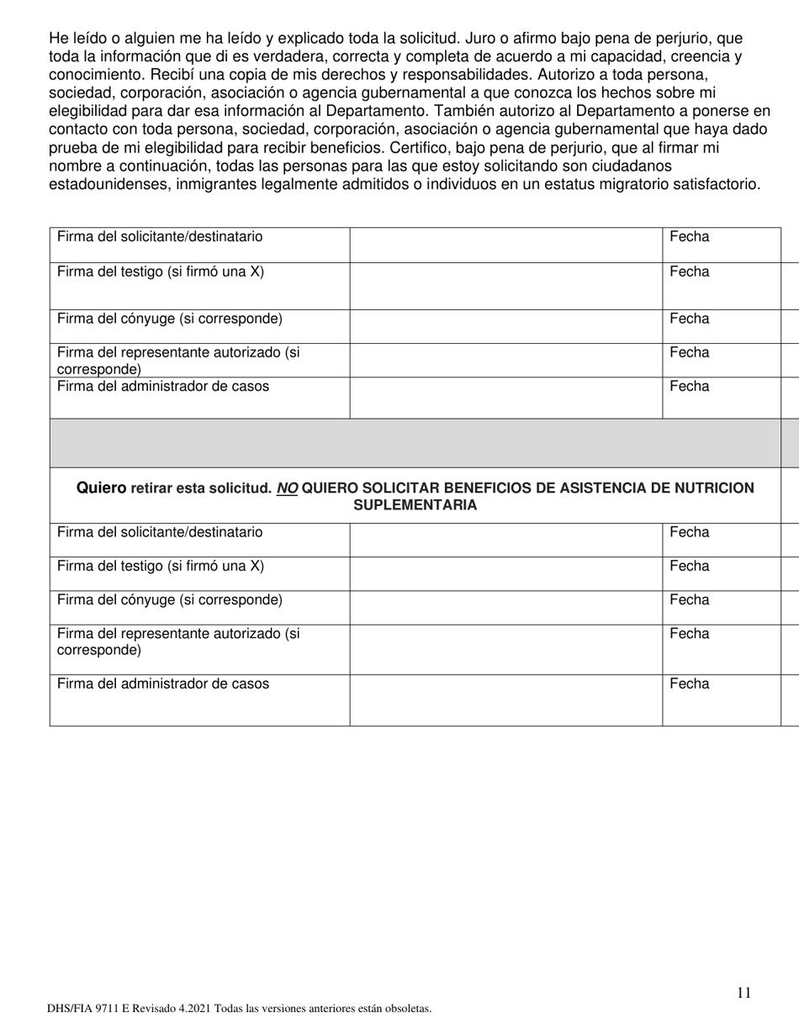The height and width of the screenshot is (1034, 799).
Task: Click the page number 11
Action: [x=743, y=993]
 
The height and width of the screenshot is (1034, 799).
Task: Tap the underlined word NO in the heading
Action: [x=287, y=488]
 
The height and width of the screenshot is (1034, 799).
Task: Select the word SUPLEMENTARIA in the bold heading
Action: [x=415, y=505]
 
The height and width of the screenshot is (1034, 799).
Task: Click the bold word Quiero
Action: [x=101, y=488]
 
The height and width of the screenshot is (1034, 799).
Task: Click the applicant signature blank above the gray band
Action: [x=505, y=245]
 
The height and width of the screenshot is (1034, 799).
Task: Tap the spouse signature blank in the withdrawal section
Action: [x=505, y=607]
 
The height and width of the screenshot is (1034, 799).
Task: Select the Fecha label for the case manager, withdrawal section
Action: [x=689, y=684]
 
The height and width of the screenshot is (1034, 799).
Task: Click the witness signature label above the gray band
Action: [x=161, y=272]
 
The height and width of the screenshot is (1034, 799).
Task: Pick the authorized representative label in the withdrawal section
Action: [x=178, y=642]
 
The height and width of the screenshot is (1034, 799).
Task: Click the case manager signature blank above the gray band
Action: [x=505, y=398]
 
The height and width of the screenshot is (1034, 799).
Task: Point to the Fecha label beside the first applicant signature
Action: [x=689, y=237]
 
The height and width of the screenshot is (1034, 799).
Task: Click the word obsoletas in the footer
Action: [x=405, y=1009]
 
